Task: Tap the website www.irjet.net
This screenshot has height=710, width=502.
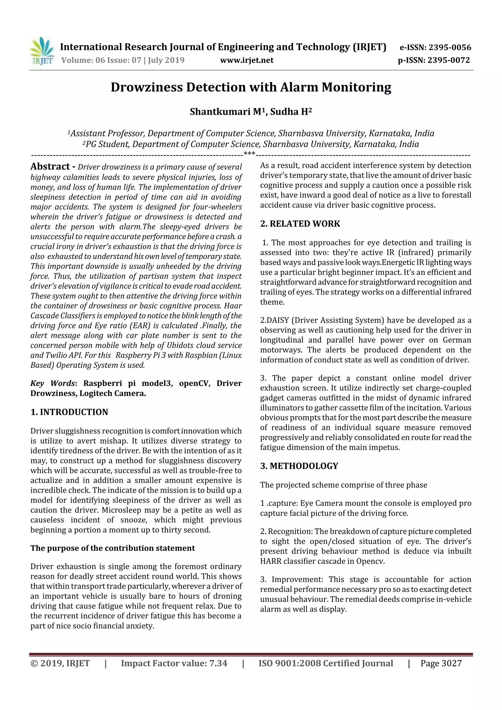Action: coord(247,60)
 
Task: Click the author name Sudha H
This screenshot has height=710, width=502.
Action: coord(290,112)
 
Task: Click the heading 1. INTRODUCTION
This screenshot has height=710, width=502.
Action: coord(69,412)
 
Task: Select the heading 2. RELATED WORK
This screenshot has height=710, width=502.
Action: coord(300,224)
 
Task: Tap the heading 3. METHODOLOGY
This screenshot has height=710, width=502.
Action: coord(299,466)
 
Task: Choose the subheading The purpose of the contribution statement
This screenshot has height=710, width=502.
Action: coord(113,548)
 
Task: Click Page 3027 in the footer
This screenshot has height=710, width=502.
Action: coord(441,663)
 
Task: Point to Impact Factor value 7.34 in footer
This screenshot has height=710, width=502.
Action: coord(174,663)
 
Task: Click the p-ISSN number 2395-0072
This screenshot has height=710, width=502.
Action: coord(449,60)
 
